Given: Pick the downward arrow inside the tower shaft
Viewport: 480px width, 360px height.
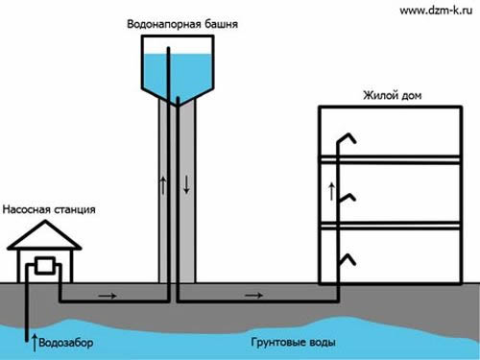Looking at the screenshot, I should pyautogui.click(x=186, y=183).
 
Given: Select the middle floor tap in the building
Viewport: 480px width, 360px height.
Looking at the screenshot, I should pyautogui.click(x=348, y=198).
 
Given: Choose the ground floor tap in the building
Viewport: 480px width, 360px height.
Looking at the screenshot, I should pyautogui.click(x=348, y=259).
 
